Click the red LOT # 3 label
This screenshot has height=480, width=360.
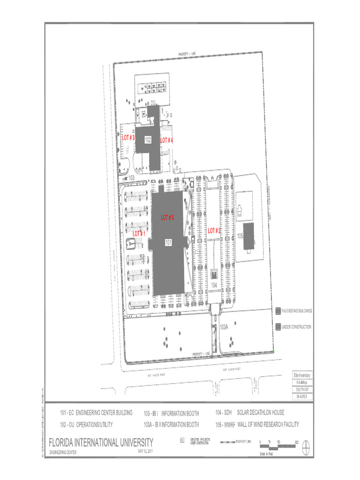point(128,138)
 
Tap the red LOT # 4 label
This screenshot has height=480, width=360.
point(167,140)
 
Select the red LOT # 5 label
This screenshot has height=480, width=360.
point(168,218)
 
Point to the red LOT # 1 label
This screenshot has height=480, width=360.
point(139,233)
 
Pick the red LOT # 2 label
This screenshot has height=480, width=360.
point(214,231)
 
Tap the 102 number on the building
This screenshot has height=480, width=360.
point(148,140)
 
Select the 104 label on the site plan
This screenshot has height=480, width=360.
point(214,285)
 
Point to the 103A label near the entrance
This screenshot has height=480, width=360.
point(224,327)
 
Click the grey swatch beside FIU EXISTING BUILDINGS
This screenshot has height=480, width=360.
point(278,311)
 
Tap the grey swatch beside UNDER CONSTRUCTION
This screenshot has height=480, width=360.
point(278,327)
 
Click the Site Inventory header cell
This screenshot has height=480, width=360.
point(301,375)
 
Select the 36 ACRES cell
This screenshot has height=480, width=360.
point(301,397)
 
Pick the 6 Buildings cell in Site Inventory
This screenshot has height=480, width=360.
point(301,382)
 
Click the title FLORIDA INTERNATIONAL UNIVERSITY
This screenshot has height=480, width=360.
point(101,442)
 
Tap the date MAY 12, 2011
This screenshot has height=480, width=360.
point(146,451)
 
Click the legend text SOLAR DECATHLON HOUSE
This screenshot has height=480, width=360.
point(261,412)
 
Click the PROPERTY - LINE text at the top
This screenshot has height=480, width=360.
point(189,54)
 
